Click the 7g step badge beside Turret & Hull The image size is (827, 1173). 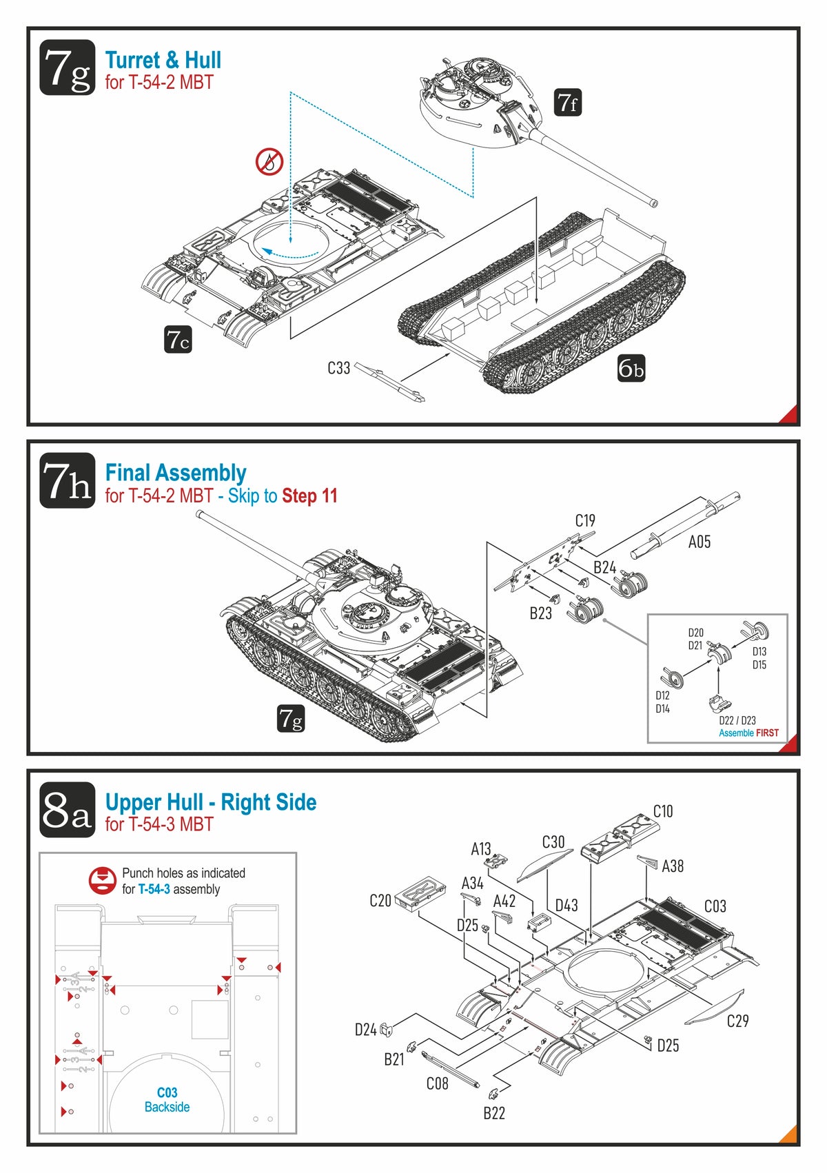coord(67,68)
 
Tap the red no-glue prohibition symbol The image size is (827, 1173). coord(269,162)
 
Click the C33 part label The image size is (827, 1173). coord(338,368)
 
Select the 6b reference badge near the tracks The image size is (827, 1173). coord(631,369)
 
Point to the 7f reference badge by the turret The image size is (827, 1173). coord(568,103)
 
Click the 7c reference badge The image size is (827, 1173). coord(178,340)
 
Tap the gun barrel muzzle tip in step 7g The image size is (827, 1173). coord(653,203)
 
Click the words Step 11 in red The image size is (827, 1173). coord(309,496)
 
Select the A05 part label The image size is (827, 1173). coord(699,542)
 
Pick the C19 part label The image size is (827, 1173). coord(585,520)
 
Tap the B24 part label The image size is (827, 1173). coord(604,567)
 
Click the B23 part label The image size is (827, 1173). coord(540,613)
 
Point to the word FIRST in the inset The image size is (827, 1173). coord(767,733)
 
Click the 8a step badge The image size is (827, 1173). coord(67,810)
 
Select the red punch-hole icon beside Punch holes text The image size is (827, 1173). coord(102,881)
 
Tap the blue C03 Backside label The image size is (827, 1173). coord(167,1099)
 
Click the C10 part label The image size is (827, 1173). coord(662,811)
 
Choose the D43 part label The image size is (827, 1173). coord(566,905)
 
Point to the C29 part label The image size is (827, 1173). coord(737,1021)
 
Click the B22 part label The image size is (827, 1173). coord(493,1113)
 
